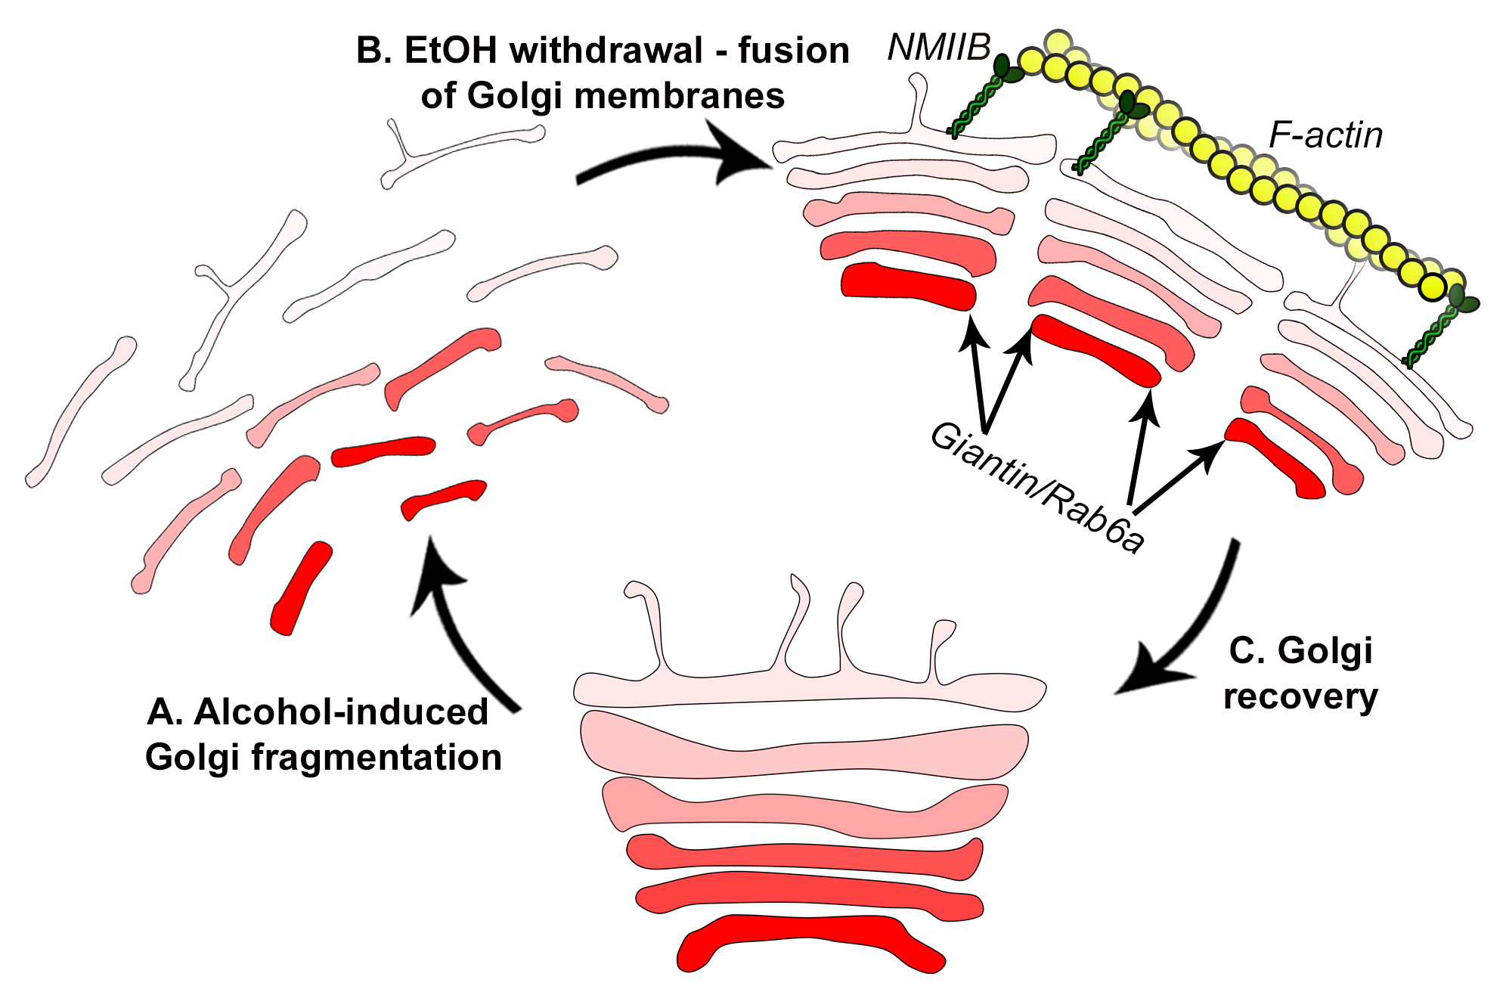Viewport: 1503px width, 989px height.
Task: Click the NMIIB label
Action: point(938,48)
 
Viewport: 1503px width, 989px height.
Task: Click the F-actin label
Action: point(1325,136)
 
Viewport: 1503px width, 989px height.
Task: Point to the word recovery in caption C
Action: point(1300,696)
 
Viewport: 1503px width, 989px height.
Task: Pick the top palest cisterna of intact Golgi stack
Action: point(809,689)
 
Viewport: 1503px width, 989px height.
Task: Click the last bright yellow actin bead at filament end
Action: point(1432,287)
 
